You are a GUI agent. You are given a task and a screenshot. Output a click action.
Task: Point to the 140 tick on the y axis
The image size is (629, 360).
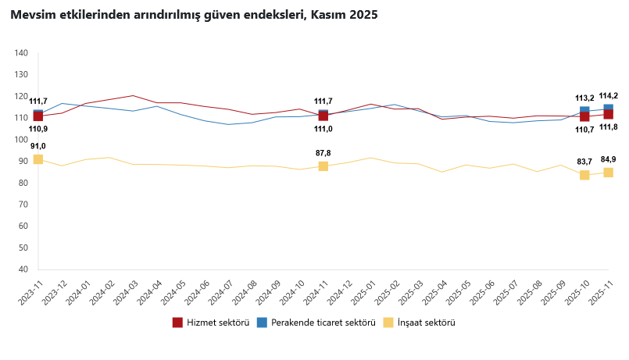[x=21, y=53]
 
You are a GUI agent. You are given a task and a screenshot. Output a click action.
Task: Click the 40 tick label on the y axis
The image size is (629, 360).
[x=23, y=269]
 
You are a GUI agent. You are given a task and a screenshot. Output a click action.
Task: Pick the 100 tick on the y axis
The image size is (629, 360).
[x=21, y=140]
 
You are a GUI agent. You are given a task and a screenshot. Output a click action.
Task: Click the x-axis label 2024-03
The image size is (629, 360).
[x=125, y=294]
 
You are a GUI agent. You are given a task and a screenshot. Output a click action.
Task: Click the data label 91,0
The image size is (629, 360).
[x=38, y=146]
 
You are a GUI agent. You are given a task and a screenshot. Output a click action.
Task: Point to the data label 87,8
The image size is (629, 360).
[x=323, y=153]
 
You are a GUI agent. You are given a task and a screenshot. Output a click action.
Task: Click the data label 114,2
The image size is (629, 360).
[x=608, y=95]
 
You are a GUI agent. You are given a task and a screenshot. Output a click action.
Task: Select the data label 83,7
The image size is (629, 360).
[x=584, y=162]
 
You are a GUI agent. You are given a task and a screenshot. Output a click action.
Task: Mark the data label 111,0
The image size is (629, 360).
[x=323, y=129]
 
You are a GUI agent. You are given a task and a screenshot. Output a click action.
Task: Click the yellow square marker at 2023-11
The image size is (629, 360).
[x=38, y=159]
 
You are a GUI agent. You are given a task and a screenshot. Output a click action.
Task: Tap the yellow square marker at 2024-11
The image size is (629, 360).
[x=323, y=166]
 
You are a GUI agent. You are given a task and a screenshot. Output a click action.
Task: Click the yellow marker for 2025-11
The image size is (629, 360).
[x=608, y=173]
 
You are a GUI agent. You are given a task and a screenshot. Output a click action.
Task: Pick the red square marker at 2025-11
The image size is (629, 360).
[x=608, y=115]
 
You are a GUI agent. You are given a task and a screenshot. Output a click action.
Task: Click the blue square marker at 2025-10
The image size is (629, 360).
[x=584, y=110]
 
